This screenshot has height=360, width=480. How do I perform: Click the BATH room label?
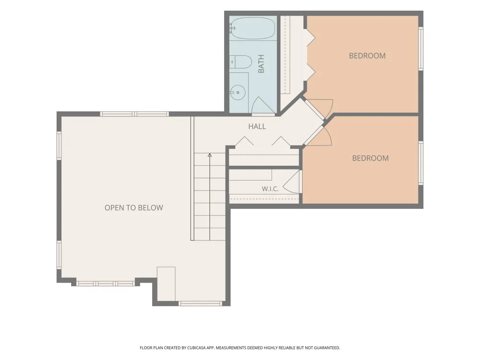pyautogui.click(x=261, y=64)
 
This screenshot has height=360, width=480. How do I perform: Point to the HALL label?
pyautogui.click(x=257, y=126)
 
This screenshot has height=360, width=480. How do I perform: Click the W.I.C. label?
pyautogui.click(x=270, y=189)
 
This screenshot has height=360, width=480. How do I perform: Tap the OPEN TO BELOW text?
pyautogui.click(x=134, y=208)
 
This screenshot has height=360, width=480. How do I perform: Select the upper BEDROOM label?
pyautogui.click(x=367, y=56)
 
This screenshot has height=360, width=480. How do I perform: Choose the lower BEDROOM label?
pyautogui.click(x=370, y=158)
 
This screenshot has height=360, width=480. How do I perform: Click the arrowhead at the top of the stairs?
pyautogui.click(x=210, y=155)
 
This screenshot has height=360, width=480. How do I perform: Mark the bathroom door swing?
pyautogui.click(x=263, y=105)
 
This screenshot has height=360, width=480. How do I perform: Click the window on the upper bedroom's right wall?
pyautogui.click(x=421, y=49)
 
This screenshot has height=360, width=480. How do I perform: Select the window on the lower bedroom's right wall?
pyautogui.click(x=421, y=163)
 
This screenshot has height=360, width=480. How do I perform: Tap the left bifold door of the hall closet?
pyautogui.click(x=244, y=141)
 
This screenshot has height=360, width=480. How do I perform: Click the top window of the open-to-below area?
pyautogui.click(x=134, y=114)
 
